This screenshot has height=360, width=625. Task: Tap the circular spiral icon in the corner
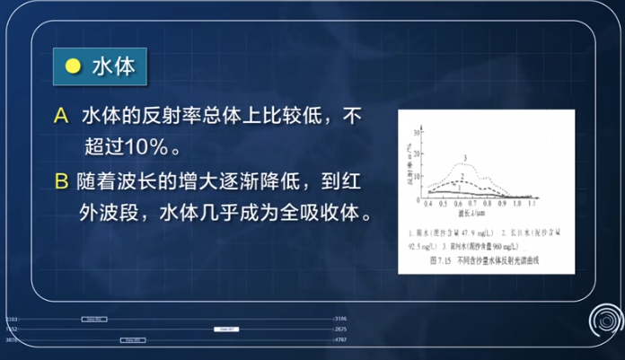coord(605,320)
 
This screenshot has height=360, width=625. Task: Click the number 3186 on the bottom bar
coord(340,319)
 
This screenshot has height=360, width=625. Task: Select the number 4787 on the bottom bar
coord(340,340)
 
